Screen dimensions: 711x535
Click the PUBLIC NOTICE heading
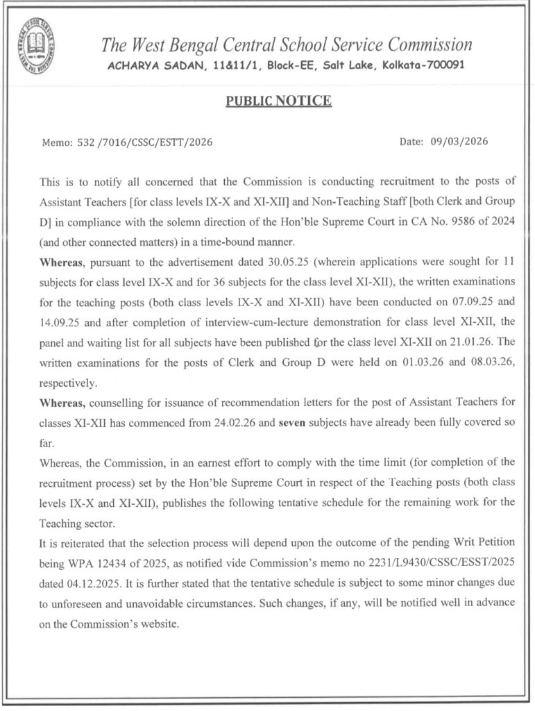[278, 101]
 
